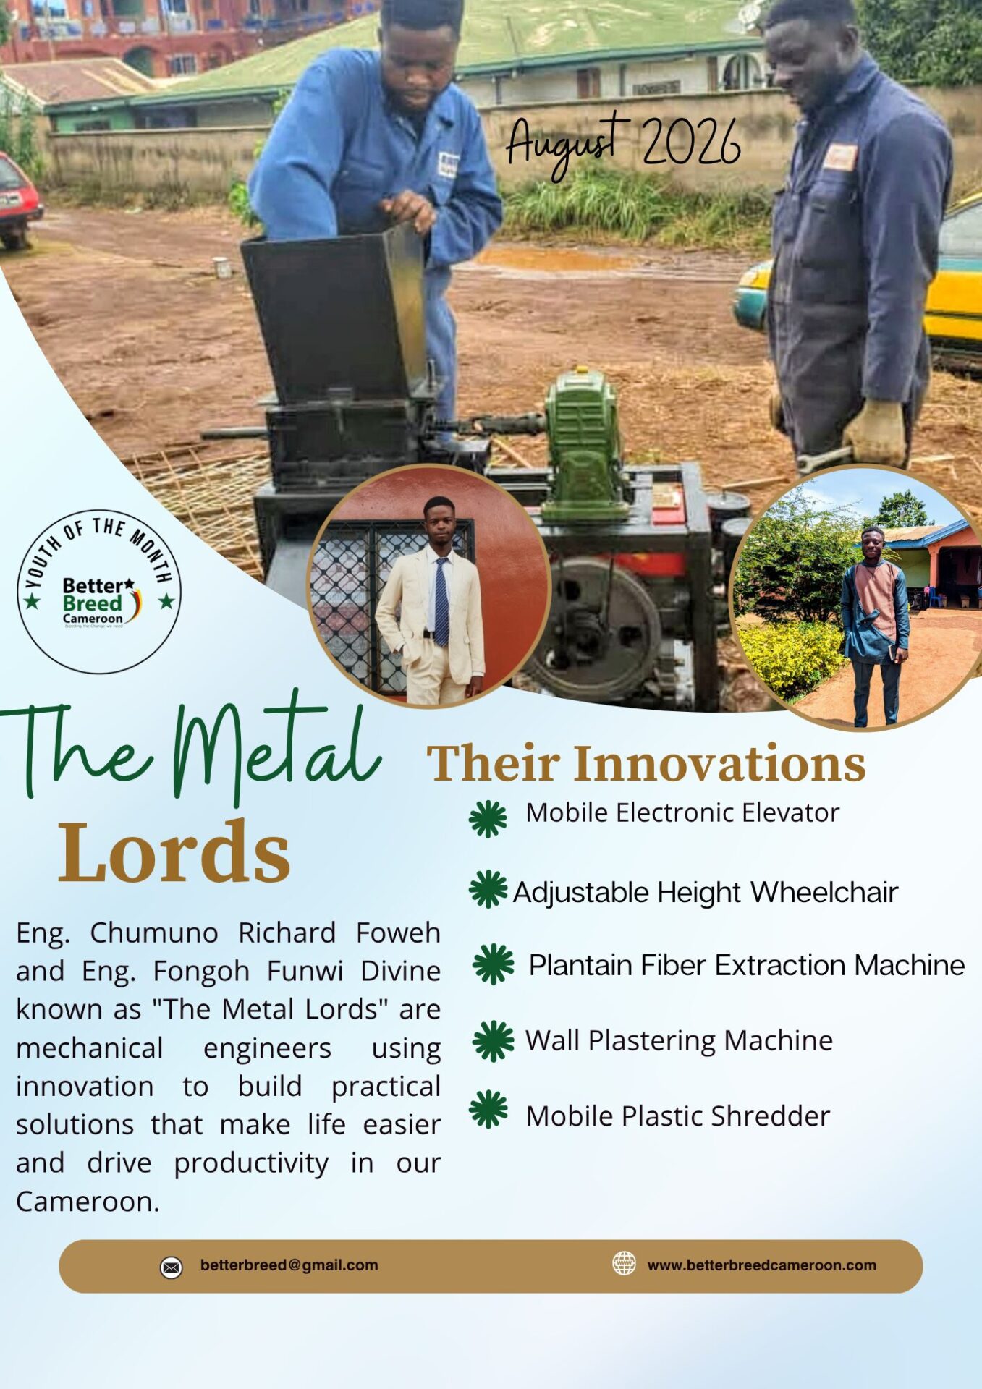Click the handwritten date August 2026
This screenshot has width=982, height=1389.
pyautogui.click(x=623, y=143)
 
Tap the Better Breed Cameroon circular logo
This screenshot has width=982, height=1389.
pyautogui.click(x=99, y=592)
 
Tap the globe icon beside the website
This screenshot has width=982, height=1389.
pyautogui.click(x=624, y=1263)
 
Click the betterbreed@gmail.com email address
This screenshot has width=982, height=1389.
pyautogui.click(x=289, y=1265)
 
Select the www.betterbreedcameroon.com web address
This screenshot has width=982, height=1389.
pyautogui.click(x=761, y=1265)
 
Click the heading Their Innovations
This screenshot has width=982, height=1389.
pyautogui.click(x=646, y=763)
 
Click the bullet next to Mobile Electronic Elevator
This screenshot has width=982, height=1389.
pyautogui.click(x=488, y=819)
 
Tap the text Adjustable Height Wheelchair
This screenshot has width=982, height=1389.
pyautogui.click(x=705, y=893)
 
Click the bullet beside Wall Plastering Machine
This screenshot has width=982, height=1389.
pyautogui.click(x=493, y=1041)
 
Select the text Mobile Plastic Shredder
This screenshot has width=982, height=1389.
pyautogui.click(x=677, y=1116)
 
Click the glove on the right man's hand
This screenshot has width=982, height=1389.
pyautogui.click(x=873, y=432)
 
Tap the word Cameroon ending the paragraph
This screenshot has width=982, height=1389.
pyautogui.click(x=88, y=1202)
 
